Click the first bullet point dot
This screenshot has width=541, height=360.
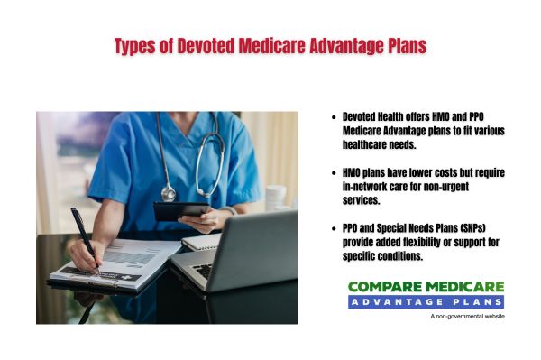(335, 117)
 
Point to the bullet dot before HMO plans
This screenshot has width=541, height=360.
(335, 171)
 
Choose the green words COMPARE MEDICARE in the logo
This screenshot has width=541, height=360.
(426, 286)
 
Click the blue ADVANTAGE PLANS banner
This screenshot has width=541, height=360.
(426, 301)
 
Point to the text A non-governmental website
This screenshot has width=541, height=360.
(466, 317)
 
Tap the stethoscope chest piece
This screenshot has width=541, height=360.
(169, 192)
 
